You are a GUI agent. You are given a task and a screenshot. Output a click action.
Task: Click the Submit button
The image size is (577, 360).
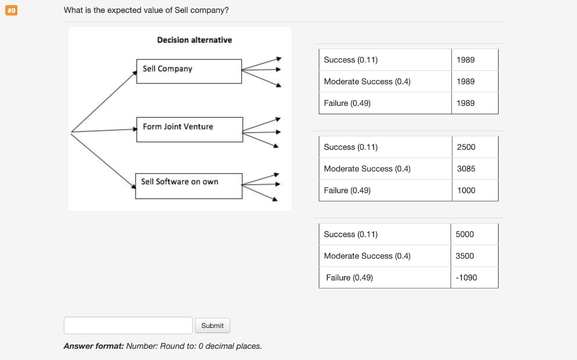point(212,326)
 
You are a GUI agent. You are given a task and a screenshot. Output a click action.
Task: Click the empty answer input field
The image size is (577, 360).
point(128,326)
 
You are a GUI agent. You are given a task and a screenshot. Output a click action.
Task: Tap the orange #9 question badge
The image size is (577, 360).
point(11,11)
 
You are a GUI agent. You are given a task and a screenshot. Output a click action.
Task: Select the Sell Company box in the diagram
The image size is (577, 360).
point(189,71)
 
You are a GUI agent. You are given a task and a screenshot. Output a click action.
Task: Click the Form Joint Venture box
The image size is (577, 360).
point(189,129)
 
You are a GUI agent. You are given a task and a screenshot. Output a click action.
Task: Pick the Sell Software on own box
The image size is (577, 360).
point(189,186)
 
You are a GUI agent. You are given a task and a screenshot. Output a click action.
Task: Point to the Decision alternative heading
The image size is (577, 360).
point(194,40)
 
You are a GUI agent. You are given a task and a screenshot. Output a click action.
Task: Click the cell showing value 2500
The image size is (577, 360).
point(474,147)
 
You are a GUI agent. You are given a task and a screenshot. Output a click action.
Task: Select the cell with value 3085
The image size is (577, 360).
point(474,169)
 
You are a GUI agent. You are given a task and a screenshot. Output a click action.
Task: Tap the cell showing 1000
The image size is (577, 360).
point(474,190)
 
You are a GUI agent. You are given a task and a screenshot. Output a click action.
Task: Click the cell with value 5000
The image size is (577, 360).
point(474,234)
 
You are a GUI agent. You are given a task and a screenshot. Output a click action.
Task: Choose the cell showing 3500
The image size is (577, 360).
point(474,256)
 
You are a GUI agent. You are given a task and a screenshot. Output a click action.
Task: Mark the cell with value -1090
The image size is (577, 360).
point(474,278)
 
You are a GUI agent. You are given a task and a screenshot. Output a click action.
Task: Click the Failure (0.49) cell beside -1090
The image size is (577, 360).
point(385,278)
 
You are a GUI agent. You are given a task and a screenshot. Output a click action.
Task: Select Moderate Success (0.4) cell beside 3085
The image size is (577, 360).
point(385,169)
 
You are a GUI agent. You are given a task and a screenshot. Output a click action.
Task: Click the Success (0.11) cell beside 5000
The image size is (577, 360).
point(385,234)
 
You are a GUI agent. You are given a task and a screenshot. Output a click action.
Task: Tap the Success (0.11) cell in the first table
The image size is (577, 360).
point(385,60)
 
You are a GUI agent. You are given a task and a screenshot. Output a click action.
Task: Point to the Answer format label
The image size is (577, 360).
point(94,346)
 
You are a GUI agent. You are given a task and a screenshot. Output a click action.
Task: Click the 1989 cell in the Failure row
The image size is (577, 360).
point(474,103)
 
